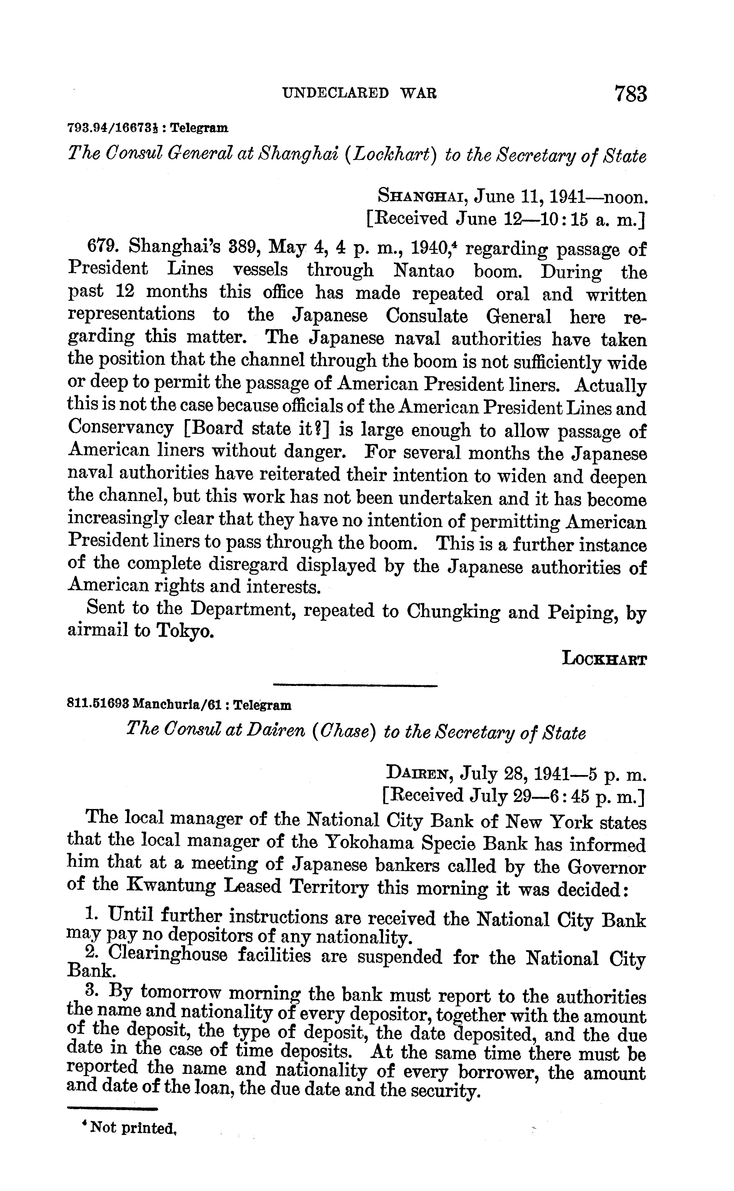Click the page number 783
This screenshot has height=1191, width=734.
[630, 94]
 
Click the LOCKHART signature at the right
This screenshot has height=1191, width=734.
[604, 659]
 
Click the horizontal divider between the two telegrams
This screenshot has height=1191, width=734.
[355, 685]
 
